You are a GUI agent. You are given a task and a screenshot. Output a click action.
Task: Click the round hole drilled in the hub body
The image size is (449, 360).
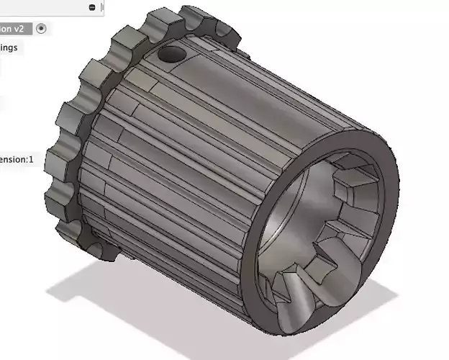pyautogui.click(x=172, y=53)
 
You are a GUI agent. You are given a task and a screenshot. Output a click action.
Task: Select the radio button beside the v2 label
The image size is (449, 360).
pyautogui.click(x=41, y=29)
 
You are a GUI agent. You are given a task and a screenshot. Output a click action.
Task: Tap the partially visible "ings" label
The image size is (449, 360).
pyautogui.click(x=9, y=48)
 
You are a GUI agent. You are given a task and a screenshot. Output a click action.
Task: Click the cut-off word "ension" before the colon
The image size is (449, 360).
pyautogui.click(x=11, y=159)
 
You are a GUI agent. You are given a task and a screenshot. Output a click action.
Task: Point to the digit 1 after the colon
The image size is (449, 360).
pyautogui.click(x=31, y=159)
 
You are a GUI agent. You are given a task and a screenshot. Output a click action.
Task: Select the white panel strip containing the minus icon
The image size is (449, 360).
pyautogui.click(x=50, y=7)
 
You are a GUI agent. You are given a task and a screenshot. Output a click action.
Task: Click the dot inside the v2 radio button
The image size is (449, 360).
pyautogui.click(x=41, y=29)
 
